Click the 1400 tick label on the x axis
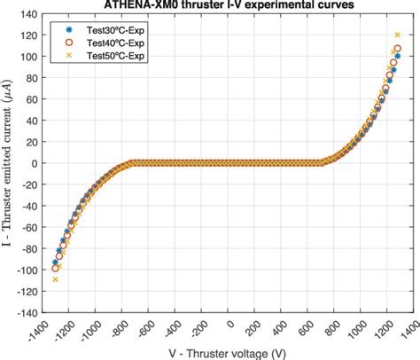point(405,325)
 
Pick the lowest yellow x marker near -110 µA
point(55,279)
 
